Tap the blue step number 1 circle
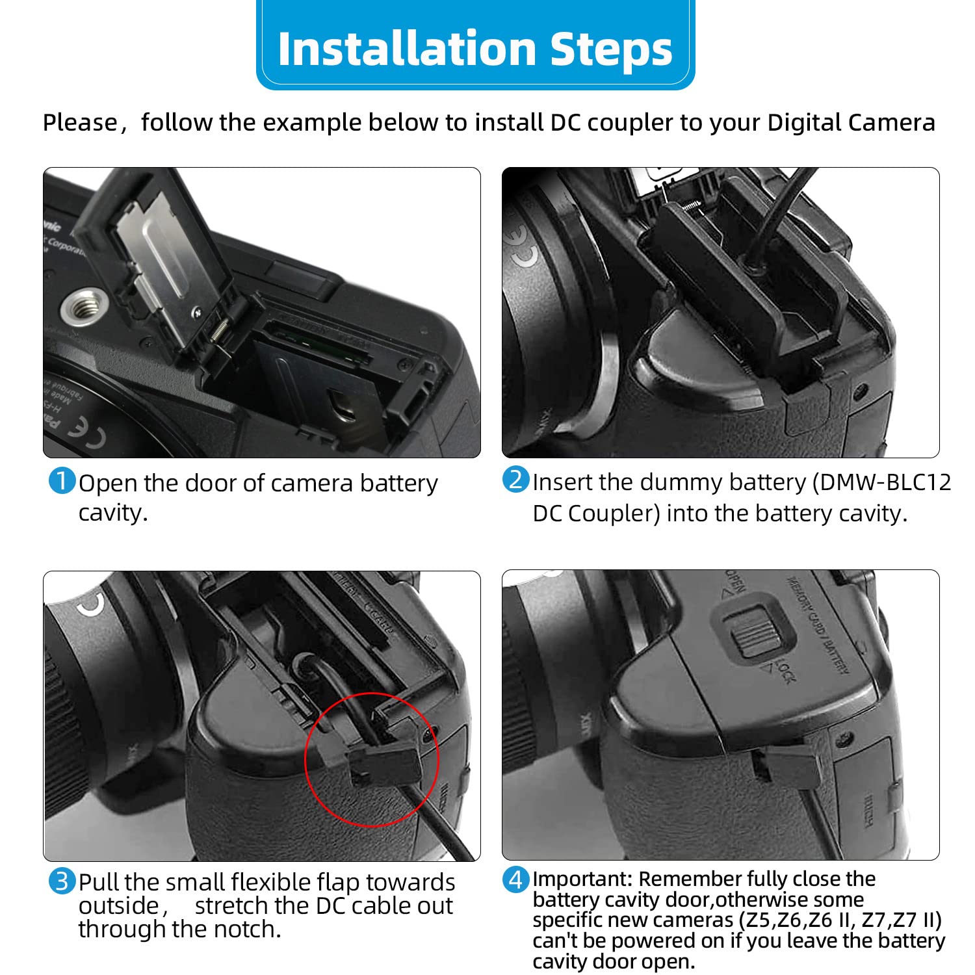coord(62,482)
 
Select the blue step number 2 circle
coord(515,480)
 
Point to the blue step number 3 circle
coord(62,881)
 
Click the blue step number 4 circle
coord(515,880)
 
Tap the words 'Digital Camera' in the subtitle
coord(851,122)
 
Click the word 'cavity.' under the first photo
coord(113,513)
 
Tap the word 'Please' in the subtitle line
coord(79,122)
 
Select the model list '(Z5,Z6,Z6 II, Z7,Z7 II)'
coord(840,920)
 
